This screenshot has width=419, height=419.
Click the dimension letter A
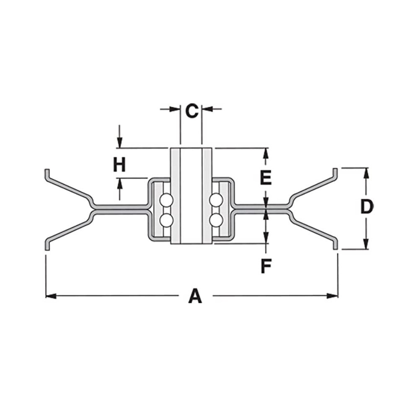195,296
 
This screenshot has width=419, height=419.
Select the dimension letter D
367,207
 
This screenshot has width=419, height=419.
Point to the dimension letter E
266,178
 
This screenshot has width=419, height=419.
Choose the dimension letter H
119,165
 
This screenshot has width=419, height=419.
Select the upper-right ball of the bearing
216,199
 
